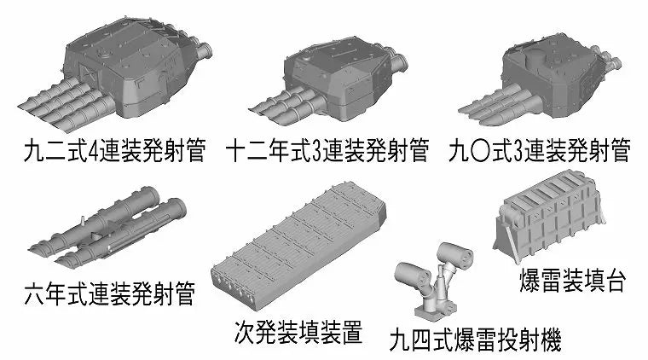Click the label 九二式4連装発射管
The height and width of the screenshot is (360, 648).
[x=114, y=151]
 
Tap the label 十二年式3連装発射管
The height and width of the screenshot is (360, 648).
[x=327, y=151]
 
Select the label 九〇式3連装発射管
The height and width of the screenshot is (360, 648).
[x=540, y=151]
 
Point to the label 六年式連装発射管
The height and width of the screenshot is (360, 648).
[x=109, y=293]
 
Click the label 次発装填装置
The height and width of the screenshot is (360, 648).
[x=298, y=333]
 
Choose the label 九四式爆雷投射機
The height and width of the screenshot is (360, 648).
[x=475, y=340]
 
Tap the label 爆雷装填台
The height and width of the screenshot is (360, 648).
[x=572, y=281]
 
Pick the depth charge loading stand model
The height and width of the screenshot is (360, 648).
[x=550, y=217]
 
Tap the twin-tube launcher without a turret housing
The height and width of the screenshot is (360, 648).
[x=107, y=227]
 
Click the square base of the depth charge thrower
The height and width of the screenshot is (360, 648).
[x=435, y=310]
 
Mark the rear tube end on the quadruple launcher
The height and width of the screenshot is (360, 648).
[x=203, y=50]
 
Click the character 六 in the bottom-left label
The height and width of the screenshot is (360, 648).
[x=34, y=294]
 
